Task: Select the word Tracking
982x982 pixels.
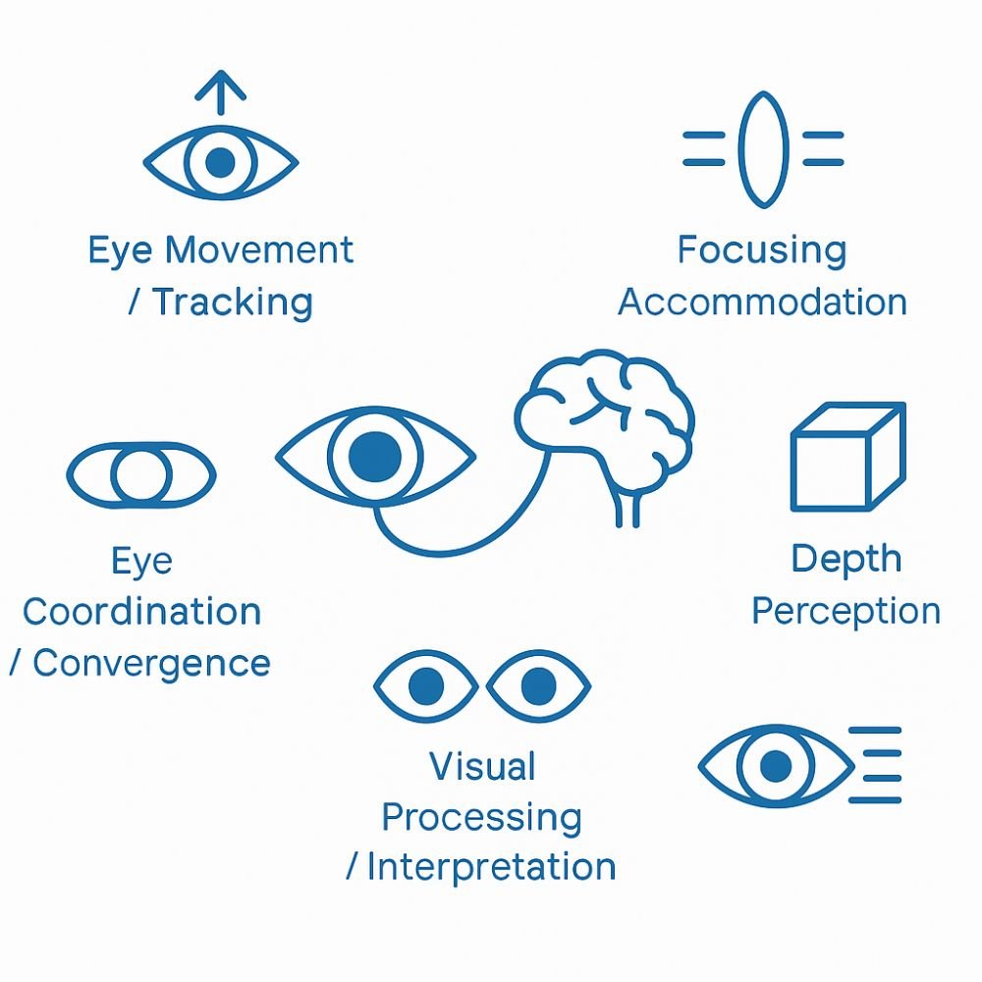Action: [x=233, y=301]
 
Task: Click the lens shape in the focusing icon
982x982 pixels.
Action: [x=762, y=149]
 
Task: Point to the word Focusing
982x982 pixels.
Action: [x=761, y=250]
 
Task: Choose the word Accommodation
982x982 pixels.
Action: [x=762, y=301]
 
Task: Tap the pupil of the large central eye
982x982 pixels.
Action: [x=375, y=455]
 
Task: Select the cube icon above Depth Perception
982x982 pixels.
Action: [x=846, y=456]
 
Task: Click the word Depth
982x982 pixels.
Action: [x=846, y=560]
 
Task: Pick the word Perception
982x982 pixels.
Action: [x=846, y=612]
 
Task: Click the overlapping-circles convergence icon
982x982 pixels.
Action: [x=140, y=474]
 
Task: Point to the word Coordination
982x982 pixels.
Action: [x=141, y=612]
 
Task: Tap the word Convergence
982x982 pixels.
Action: [x=151, y=663]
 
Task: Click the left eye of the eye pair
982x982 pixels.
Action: [x=425, y=685]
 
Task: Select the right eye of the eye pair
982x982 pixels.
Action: [x=538, y=685]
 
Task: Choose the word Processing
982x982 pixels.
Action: [x=481, y=817]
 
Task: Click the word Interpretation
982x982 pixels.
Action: [x=491, y=868]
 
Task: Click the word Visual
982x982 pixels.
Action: [x=482, y=766]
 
